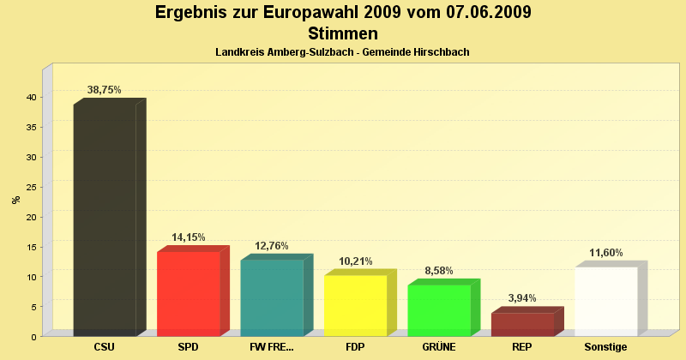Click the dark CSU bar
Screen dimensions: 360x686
click(105, 219)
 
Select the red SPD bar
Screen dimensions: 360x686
click(189, 292)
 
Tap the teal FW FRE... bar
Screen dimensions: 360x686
click(272, 297)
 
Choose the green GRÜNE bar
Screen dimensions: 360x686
click(439, 309)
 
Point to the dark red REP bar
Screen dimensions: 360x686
click(522, 323)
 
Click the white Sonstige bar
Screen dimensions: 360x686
click(606, 300)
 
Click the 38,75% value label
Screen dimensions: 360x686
click(105, 89)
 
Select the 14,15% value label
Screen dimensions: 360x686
click(189, 237)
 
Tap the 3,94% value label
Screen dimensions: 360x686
click(522, 298)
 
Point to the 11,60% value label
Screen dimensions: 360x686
click(606, 253)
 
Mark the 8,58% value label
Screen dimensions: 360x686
click(439, 271)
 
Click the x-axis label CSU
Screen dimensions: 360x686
click(105, 347)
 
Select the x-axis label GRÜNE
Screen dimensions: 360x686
click(439, 347)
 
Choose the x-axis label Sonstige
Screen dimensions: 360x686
click(606, 347)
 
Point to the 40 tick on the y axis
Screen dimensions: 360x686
click(30, 98)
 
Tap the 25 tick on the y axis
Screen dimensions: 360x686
click(30, 187)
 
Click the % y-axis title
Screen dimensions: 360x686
click(15, 200)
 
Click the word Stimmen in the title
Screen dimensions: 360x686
click(343, 33)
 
